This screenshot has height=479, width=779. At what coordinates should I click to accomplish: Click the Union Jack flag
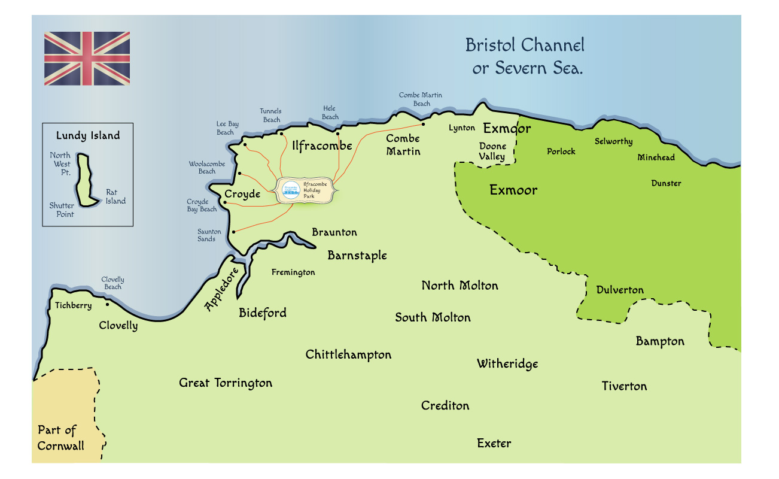coord(87,58)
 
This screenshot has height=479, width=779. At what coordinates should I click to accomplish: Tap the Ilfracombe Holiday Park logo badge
coord(291,189)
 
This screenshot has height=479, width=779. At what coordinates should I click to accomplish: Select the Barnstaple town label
coord(357,256)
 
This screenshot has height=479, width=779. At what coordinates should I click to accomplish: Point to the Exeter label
coord(494,444)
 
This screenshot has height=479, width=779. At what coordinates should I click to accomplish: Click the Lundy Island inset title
coord(88,136)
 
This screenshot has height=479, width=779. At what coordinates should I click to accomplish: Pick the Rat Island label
coord(115,197)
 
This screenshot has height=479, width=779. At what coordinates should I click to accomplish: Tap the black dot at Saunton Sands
coord(233,232)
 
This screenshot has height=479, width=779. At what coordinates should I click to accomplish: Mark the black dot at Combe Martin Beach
coord(423,125)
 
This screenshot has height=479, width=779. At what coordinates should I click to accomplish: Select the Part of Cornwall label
coord(60,438)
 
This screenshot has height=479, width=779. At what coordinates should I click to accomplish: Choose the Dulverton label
coord(620,290)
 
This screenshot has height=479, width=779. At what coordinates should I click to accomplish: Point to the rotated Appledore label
coord(221,289)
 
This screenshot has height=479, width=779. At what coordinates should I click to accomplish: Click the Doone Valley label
coord(492,151)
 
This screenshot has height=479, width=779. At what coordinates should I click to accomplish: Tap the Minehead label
coord(656,158)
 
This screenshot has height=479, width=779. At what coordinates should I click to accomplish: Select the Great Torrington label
coord(226,383)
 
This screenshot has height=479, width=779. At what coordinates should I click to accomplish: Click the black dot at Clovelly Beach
coord(107,304)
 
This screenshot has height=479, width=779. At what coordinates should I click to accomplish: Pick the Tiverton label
coord(624,386)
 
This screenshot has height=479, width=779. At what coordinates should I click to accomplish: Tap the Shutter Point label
coord(62,210)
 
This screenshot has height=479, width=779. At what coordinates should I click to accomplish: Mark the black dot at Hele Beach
coord(337,134)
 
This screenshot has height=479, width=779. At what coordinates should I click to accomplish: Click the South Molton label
coord(433,317)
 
